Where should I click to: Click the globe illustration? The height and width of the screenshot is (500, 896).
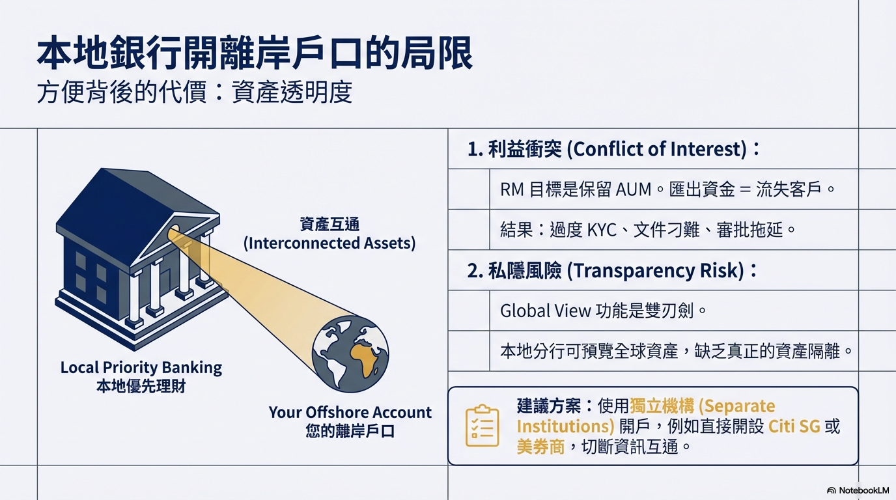350,354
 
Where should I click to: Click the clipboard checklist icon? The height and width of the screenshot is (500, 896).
483,426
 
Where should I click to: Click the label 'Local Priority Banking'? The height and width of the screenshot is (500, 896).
141,368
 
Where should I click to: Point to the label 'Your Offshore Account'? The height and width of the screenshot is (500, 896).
350,412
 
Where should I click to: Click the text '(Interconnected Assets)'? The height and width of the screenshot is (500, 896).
329,243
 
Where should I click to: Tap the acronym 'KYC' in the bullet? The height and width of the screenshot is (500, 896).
602,230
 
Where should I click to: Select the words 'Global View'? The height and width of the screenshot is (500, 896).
546,311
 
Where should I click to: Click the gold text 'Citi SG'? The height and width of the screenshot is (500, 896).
794,426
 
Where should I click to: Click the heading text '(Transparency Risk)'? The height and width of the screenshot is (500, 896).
656,271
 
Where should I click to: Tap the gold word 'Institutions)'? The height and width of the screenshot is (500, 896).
565,426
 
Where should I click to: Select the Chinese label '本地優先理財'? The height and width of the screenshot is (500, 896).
141,387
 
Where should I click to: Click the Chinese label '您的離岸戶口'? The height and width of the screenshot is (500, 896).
350,431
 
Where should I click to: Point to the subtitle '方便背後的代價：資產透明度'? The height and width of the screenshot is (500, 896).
195,92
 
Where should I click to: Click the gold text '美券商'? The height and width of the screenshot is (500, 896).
540,447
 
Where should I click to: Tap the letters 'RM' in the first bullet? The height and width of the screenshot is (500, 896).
512,189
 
